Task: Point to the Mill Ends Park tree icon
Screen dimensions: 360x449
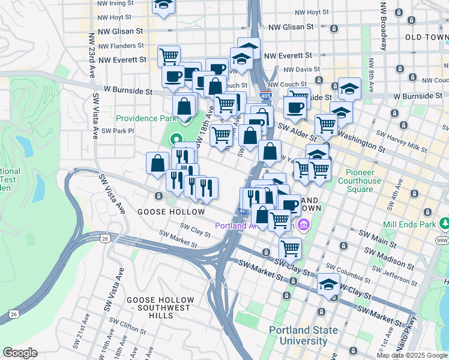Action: [444, 223]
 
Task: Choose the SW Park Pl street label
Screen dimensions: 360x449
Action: [116, 131]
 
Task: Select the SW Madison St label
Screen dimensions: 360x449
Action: [379, 245]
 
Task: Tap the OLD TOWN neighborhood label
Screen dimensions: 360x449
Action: [427, 37]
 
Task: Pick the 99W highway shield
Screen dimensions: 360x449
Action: [442, 241]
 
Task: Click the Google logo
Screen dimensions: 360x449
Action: [20, 353]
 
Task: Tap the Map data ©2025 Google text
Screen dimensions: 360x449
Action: [412, 355]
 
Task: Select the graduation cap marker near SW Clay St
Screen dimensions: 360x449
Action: [328, 285]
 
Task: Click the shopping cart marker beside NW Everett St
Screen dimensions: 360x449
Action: [169, 56]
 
